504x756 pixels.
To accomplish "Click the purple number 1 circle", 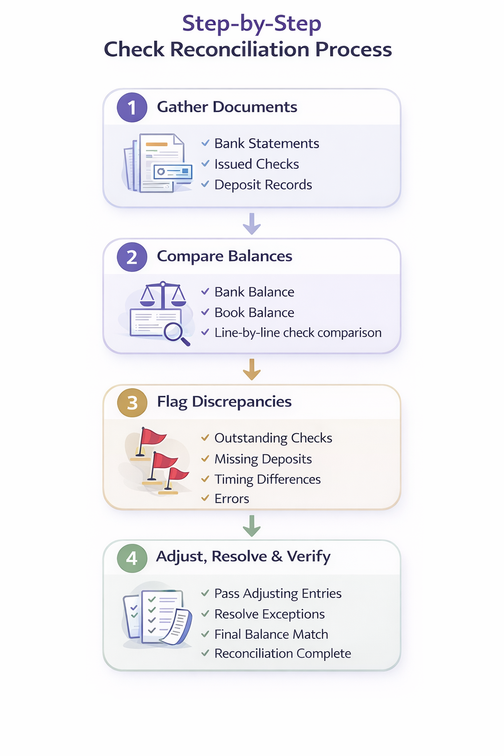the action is pos(132,107).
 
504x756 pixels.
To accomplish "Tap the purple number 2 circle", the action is pos(132,257).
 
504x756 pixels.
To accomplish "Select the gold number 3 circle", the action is pos(132,403).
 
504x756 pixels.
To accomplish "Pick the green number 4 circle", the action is pos(132,558).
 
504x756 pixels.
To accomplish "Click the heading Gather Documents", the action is pos(227,107).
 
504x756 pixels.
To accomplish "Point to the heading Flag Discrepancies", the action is pos(224,402).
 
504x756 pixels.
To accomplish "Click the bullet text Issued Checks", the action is pos(256,164).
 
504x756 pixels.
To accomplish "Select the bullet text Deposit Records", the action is pos(263,185).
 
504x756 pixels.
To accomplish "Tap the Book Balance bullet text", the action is pos(254,313).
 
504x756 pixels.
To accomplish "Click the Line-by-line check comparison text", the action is pos(298,333).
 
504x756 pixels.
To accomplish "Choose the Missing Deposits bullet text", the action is pos(263,459).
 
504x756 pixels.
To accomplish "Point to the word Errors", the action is pos(232,499).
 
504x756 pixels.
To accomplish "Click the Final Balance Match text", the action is pos(271,634).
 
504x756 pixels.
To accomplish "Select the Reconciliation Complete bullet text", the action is pos(283,654).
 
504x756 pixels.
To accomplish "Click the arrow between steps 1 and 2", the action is pos(252,223).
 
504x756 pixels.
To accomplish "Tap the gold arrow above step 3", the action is pos(252,369).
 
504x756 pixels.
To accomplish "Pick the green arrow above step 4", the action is pos(252,526).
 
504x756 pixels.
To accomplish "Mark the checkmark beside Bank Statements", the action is pos(205,143).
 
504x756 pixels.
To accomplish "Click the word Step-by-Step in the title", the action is pos(252,24).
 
